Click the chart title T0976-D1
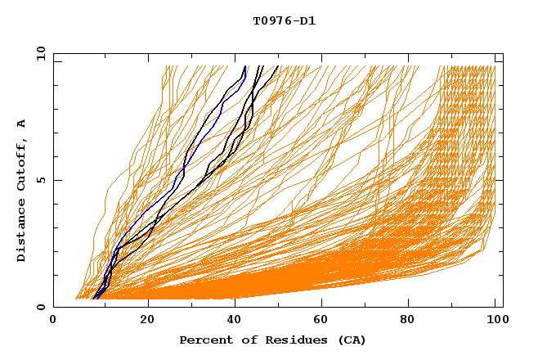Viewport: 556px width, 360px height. point(285,20)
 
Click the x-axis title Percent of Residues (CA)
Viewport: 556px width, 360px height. point(272,340)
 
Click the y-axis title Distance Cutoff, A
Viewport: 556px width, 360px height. point(21,190)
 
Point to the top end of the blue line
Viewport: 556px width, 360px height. point(244,66)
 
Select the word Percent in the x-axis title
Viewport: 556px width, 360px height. point(204,340)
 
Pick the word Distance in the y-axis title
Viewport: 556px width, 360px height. point(21,229)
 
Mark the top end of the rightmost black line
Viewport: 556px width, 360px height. point(277,66)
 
